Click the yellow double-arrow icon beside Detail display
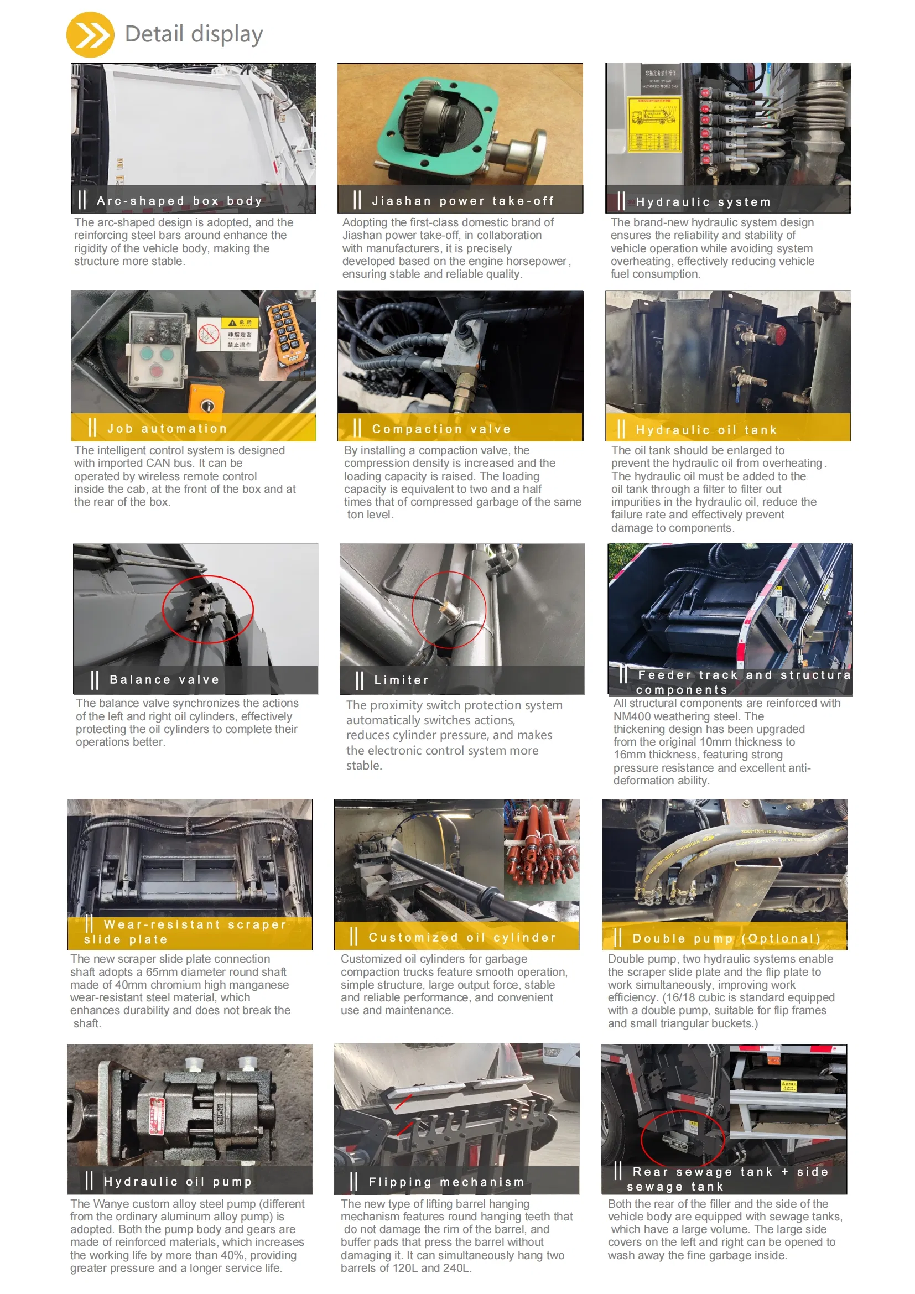[90, 35]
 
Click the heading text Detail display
[193, 34]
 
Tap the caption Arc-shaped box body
[179, 201]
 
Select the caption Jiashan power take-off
[462, 201]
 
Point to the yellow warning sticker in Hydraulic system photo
[654, 123]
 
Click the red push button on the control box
[155, 372]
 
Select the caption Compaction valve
[441, 429]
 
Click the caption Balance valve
[164, 680]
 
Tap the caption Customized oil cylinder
[462, 937]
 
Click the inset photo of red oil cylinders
[541, 849]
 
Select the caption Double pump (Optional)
[726, 938]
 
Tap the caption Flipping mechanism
[446, 1182]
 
